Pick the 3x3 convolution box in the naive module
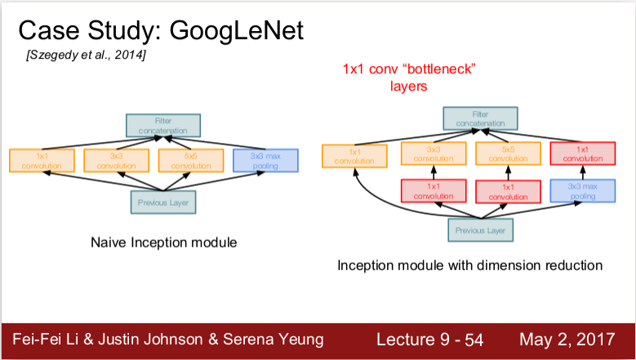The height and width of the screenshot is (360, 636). pyautogui.click(x=115, y=160)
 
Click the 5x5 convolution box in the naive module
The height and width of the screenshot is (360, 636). pyautogui.click(x=190, y=160)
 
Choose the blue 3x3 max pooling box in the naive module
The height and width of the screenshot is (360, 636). pyautogui.click(x=265, y=160)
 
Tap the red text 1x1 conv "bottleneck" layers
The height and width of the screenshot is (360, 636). pyautogui.click(x=408, y=77)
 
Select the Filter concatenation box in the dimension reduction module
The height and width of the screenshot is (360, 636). pyautogui.click(x=478, y=119)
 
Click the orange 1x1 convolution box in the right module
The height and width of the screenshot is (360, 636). pyautogui.click(x=354, y=156)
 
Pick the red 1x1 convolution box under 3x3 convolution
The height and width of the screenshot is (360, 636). pyautogui.click(x=432, y=191)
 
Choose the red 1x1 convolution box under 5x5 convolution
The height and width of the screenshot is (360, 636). pyautogui.click(x=507, y=191)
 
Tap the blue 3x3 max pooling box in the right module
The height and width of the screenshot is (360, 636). pyautogui.click(x=582, y=191)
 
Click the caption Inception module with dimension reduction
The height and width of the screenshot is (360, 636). pyautogui.click(x=469, y=265)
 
